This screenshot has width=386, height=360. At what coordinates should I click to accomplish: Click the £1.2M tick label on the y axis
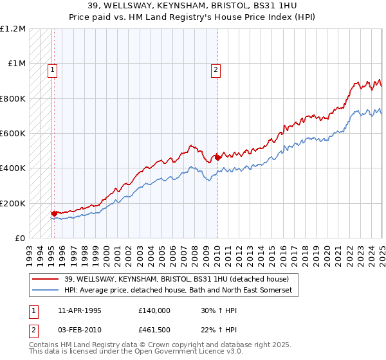(x=13, y=29)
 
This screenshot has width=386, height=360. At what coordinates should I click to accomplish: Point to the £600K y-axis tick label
(x=13, y=134)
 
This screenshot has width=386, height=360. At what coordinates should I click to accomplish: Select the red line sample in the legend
(x=46, y=279)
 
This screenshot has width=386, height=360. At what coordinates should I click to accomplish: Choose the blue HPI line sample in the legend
(x=46, y=291)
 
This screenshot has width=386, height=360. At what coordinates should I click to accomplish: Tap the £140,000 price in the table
(x=154, y=310)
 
